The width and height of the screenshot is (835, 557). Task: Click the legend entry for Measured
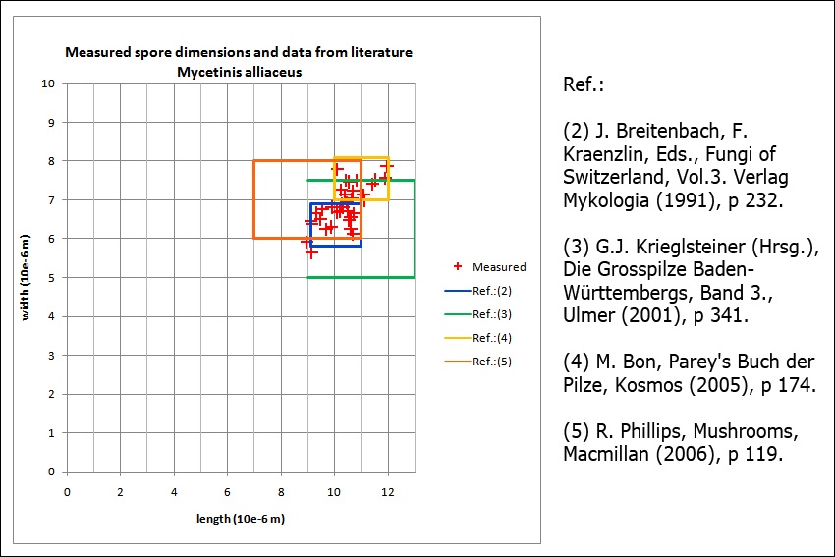point(498,266)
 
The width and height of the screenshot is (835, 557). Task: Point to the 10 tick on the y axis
point(48,84)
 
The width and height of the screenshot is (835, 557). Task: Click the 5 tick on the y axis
point(52,278)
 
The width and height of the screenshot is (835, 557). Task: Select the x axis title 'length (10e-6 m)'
point(239,519)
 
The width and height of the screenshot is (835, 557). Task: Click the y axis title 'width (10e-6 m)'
point(25,278)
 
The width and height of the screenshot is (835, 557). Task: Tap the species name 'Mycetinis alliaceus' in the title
point(239,72)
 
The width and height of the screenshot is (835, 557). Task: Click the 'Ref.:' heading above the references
point(584,84)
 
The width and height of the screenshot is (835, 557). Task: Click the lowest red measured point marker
point(310,252)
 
